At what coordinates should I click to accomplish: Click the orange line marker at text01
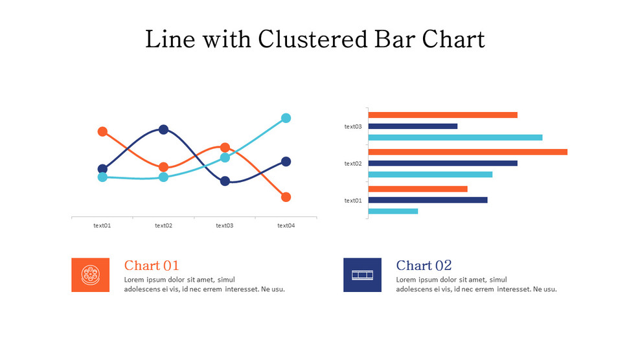pos(102,131)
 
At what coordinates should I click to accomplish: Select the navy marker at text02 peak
pos(163,129)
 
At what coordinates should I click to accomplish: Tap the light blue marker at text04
pos(286,118)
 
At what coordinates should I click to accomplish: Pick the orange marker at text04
pos(286,197)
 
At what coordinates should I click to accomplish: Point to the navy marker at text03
pos(225,181)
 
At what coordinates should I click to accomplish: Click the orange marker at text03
pos(225,148)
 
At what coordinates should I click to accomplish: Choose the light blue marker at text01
pos(102,177)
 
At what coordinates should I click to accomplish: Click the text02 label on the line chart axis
pos(163,226)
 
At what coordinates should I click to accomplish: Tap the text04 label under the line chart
pos(286,226)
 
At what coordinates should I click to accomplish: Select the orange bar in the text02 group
pos(467,152)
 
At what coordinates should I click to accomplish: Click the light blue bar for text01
pos(393,211)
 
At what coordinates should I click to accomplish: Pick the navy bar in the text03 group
pos(413,126)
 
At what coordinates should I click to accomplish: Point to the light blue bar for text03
pos(455,137)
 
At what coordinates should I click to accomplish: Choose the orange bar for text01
pos(417,189)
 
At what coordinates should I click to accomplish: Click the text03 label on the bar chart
pos(353,127)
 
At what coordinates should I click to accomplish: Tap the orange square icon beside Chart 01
pos(90,275)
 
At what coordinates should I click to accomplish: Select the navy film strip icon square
pos(362,275)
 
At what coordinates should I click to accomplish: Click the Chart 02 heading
pos(424,265)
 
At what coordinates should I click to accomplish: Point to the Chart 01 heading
pos(152,265)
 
